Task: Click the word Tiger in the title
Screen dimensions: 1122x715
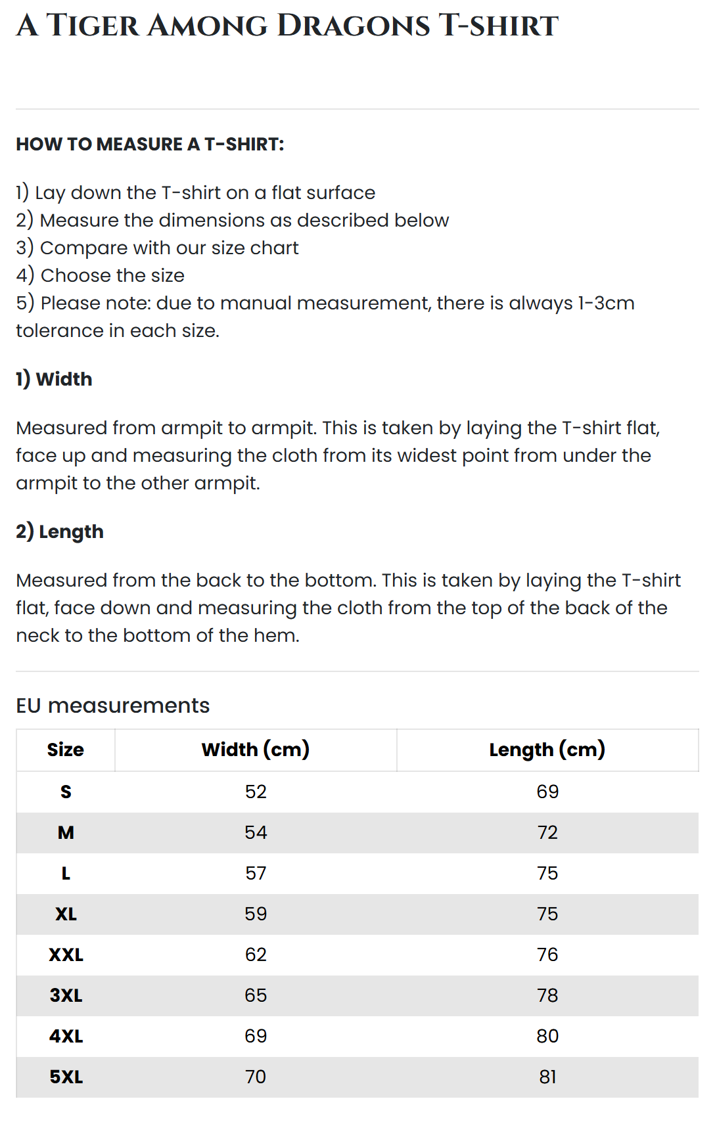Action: [93, 26]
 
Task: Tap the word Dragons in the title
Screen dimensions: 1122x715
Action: [354, 26]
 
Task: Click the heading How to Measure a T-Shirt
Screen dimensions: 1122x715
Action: [150, 145]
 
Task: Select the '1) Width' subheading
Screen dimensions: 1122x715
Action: [54, 379]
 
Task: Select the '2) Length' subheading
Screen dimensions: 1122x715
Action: [60, 531]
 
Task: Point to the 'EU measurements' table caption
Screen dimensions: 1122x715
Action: [112, 706]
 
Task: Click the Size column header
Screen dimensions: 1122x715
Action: [66, 750]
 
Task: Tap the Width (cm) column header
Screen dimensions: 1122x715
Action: [256, 750]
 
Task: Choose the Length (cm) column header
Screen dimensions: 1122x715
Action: [547, 750]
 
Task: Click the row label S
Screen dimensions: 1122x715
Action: [66, 792]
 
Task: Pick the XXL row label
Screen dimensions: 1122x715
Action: [66, 954]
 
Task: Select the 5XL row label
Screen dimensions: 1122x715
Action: [66, 1077]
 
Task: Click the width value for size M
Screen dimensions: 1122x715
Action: [256, 832]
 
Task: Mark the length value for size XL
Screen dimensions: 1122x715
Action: [547, 914]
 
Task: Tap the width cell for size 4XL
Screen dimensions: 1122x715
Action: [256, 1036]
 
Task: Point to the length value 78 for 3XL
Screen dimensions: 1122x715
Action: [547, 995]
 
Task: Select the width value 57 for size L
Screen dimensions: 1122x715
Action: [256, 873]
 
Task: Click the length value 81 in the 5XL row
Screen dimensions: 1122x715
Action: [547, 1077]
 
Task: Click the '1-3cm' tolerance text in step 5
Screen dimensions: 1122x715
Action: [606, 303]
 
